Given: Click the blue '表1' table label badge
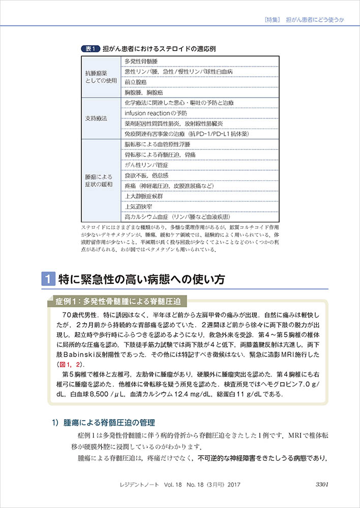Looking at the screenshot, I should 91,49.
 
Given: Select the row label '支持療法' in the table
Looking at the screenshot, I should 97,118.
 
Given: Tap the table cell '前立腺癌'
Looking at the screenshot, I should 136,82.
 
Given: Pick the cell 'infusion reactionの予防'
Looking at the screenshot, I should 156,113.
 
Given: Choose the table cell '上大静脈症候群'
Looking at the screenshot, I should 144,196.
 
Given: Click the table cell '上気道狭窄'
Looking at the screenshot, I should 137,207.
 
